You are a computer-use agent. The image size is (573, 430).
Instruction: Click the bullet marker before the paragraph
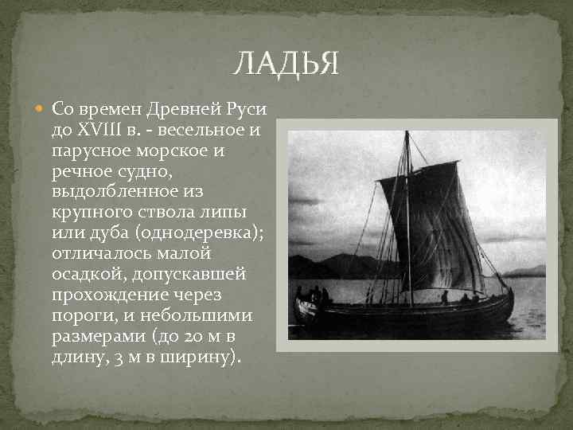tap(41, 107)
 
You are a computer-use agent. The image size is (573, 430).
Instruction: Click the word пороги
tap(80, 315)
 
